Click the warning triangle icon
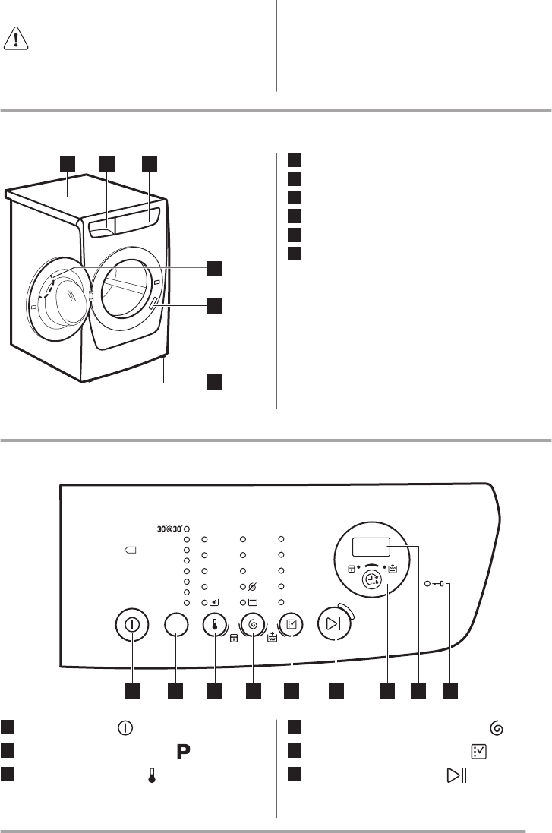coord(16,39)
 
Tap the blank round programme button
coord(176,625)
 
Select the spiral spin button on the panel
coord(253,625)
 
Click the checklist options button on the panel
coord(291,625)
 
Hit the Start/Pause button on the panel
coord(334,623)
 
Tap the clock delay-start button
coord(372,581)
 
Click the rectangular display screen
coord(371,547)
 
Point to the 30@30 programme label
coord(169,529)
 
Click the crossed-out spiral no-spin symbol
coord(252,587)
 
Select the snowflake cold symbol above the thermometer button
coord(213,603)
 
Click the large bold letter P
coord(183,752)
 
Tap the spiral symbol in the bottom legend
coord(497,727)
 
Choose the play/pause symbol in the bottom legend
coord(456,775)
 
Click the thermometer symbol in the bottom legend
coord(151,775)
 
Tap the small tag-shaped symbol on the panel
coord(130,551)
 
